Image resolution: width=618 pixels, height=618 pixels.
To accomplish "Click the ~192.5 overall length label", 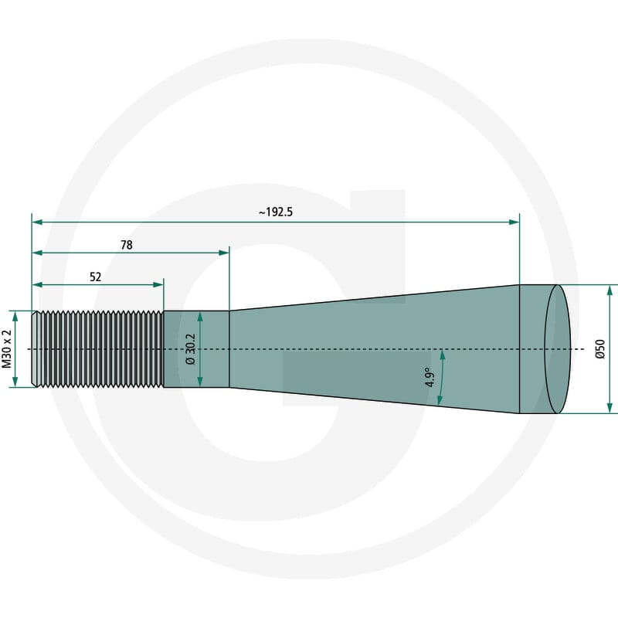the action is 276,212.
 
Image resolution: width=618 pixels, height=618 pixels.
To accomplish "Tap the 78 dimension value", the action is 127,245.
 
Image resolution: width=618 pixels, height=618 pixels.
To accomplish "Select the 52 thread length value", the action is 95,277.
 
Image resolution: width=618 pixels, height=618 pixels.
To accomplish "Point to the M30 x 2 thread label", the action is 7,349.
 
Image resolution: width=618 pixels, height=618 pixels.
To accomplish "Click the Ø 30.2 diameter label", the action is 190,349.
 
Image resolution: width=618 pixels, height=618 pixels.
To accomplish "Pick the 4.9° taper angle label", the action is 430,377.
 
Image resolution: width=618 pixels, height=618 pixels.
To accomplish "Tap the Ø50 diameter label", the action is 600,349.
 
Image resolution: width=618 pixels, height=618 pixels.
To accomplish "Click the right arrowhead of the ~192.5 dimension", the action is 514,222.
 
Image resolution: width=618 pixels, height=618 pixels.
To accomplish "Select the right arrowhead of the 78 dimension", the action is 224,253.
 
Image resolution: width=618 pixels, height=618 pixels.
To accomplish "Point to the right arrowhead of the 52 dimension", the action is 158,284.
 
